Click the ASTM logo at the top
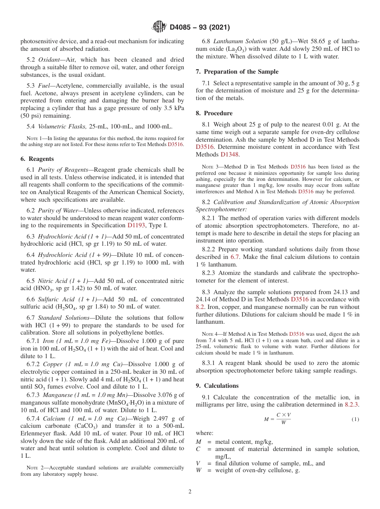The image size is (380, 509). tap(159, 27)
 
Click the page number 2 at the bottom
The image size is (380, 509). tap(190, 491)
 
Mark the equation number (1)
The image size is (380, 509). tap(355, 419)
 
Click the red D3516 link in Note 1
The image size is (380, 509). tap(176, 144)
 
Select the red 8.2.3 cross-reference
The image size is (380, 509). tap(352, 405)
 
